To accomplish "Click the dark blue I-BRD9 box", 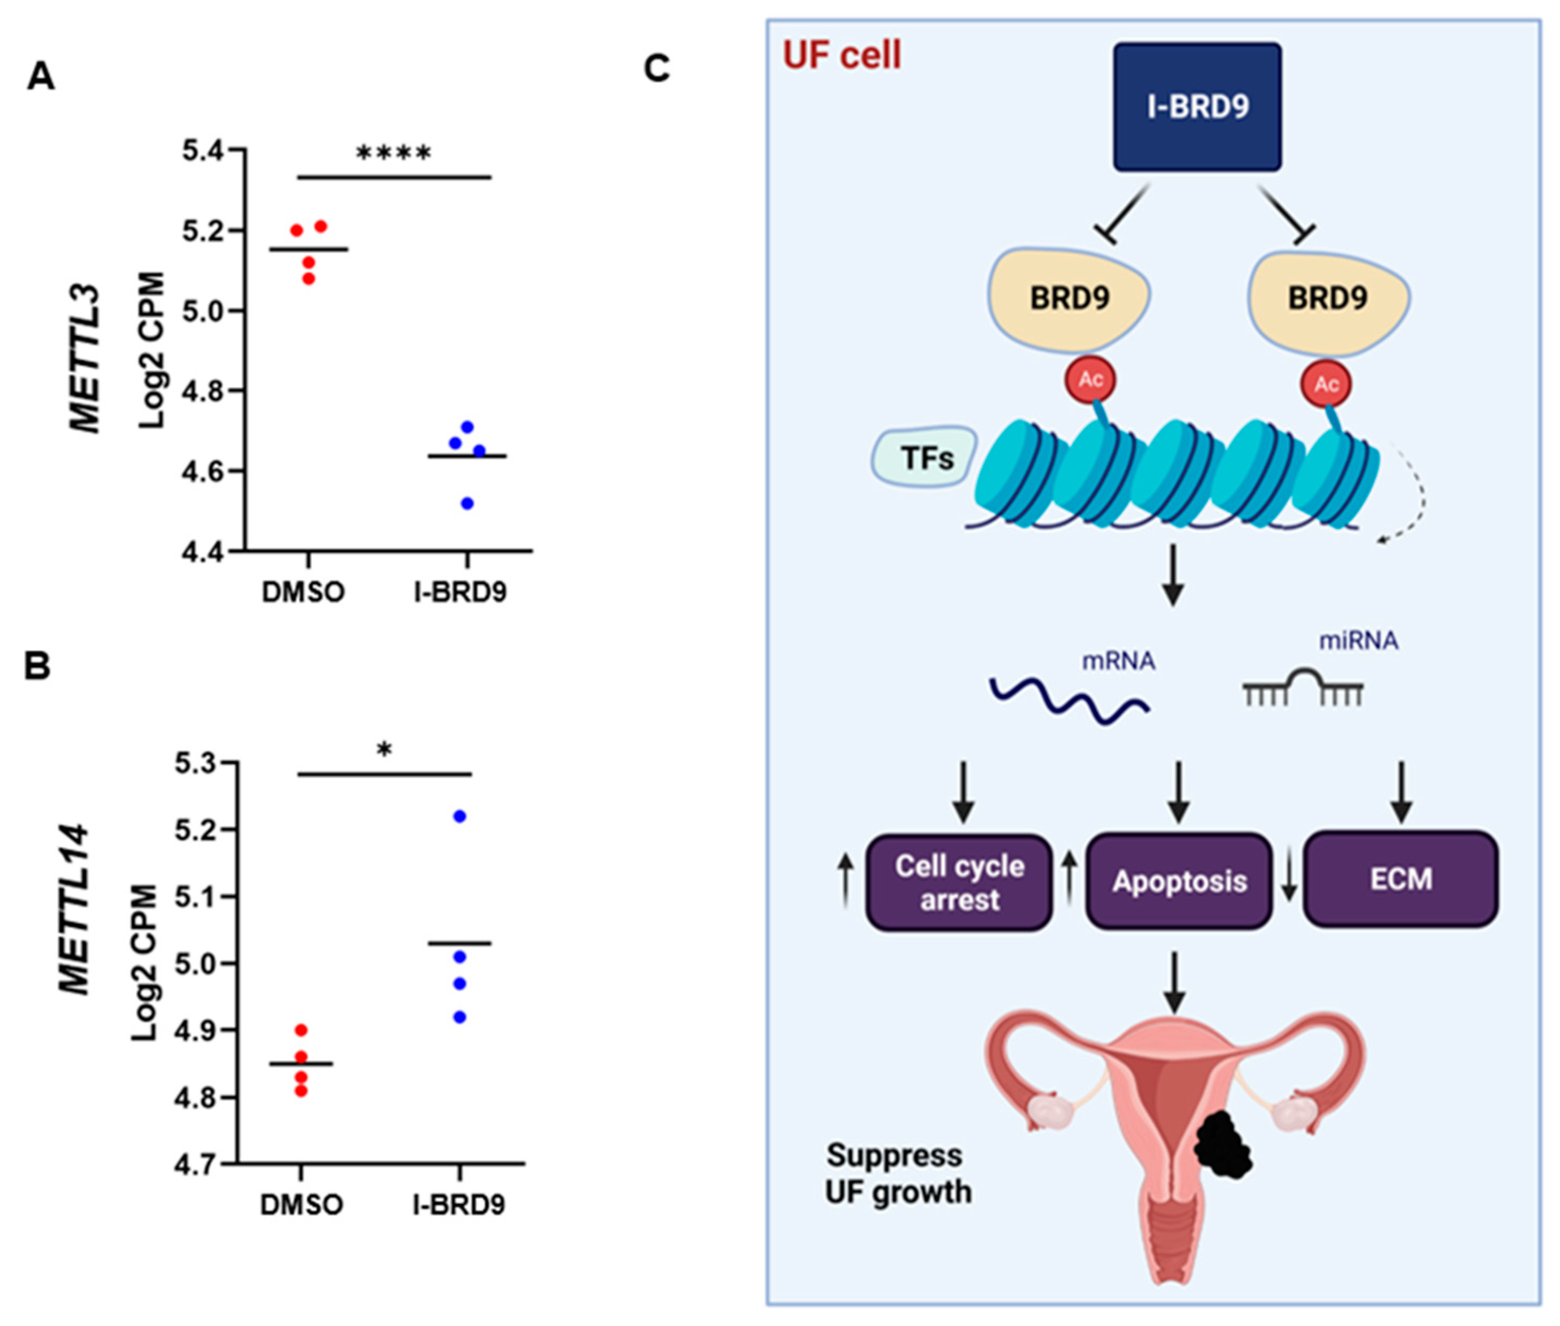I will point(1197,107).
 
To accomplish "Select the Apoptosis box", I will point(1179,881).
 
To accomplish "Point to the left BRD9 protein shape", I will point(1069,299).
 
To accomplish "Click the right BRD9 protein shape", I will point(1327,299).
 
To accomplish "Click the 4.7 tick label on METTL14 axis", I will point(195,1164).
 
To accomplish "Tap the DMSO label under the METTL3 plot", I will point(303,592).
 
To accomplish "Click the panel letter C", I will point(656,69).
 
